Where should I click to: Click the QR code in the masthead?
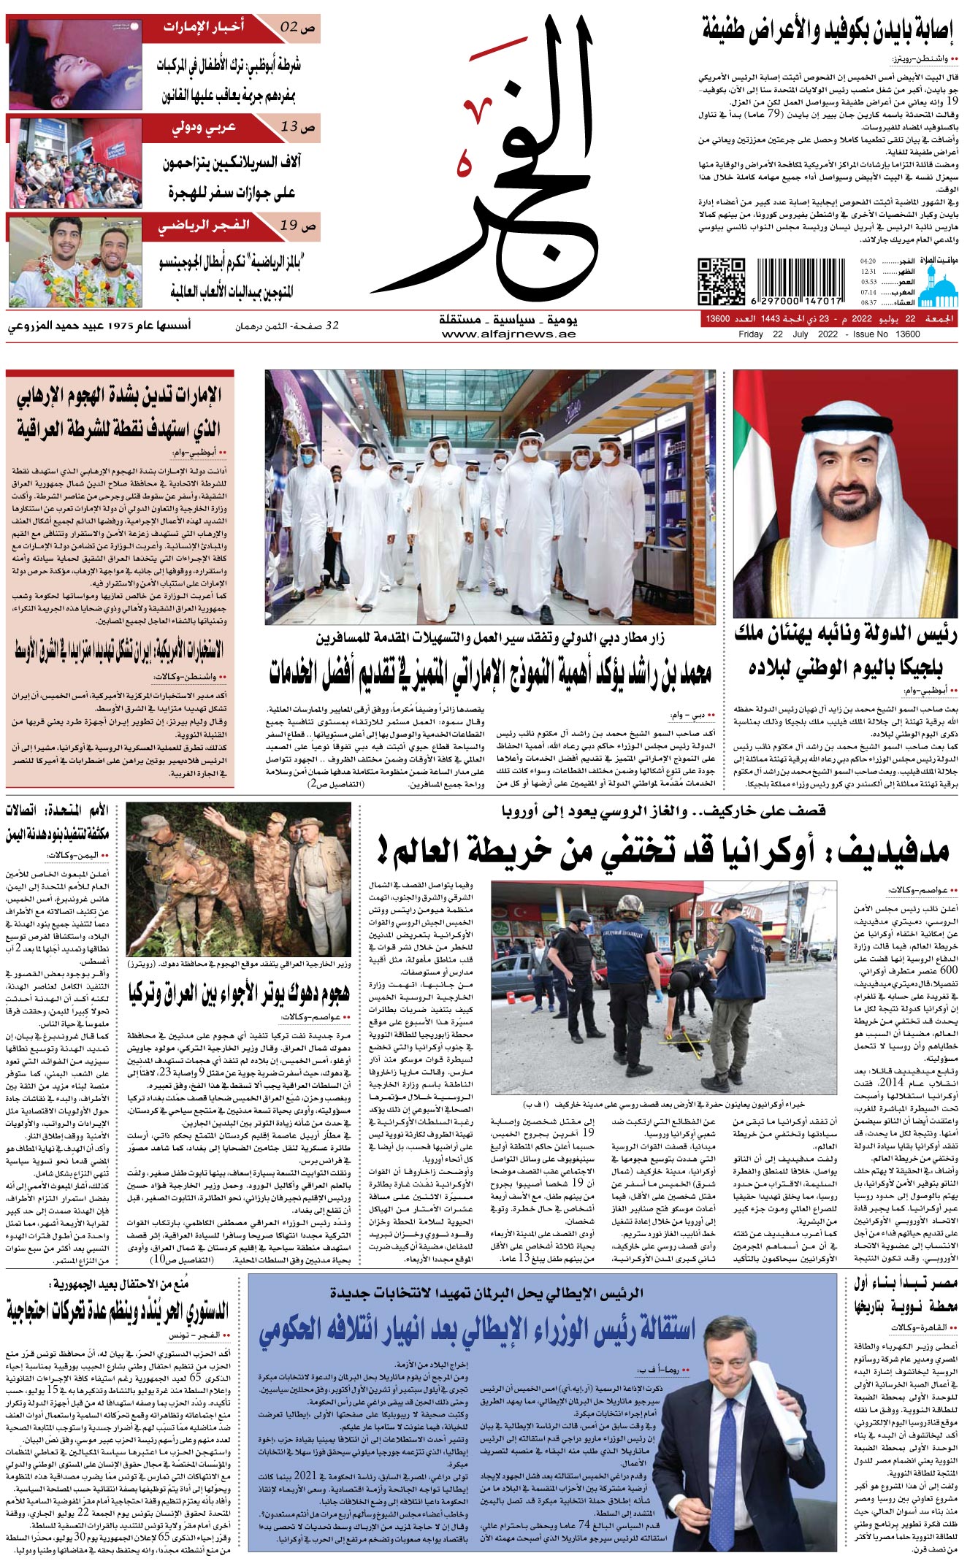click(x=721, y=281)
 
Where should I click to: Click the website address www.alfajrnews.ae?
click(x=508, y=334)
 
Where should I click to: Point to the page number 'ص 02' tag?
click(x=297, y=28)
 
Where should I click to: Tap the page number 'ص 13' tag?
click(x=297, y=127)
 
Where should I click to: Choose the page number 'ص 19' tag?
click(x=297, y=226)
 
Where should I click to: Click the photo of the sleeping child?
click(x=75, y=64)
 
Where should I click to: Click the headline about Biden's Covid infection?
click(x=828, y=31)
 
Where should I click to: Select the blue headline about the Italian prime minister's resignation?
click(x=477, y=1330)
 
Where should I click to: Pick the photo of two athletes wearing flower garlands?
click(x=75, y=261)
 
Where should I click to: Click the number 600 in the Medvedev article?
click(x=948, y=970)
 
